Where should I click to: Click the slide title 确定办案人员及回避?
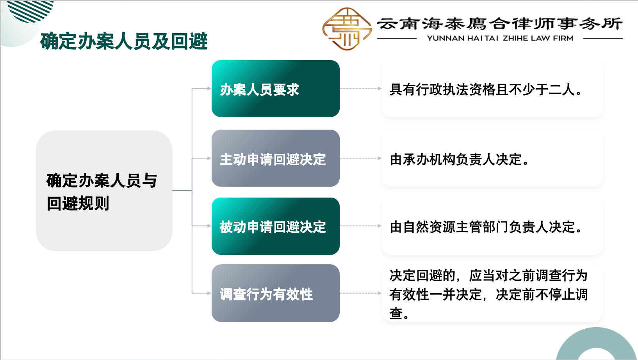point(124,41)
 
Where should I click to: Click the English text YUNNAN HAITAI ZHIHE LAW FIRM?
point(500,38)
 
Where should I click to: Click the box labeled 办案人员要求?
point(275,89)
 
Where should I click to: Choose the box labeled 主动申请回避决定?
point(275,158)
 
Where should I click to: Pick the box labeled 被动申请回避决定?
point(275,226)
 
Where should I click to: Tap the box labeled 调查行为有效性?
point(275,293)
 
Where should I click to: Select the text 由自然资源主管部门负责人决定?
point(486,226)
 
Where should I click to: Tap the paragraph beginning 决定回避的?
point(488,294)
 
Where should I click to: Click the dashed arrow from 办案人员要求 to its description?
point(360,89)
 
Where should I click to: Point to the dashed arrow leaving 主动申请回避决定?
point(360,158)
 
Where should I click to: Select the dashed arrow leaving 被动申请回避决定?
point(360,226)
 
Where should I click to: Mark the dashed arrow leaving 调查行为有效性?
point(360,293)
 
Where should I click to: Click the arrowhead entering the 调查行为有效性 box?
point(209,293)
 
